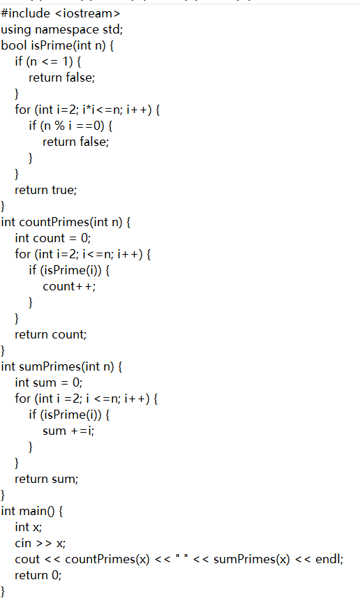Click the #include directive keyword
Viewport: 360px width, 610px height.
tap(26, 14)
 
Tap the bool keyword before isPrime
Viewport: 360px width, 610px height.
tap(14, 45)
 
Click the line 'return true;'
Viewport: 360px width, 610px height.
tap(46, 190)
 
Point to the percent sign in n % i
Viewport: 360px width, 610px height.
tap(59, 126)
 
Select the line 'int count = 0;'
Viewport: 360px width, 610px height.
tap(53, 238)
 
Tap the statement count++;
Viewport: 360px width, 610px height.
tap(69, 286)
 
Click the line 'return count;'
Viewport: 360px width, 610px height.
tap(50, 334)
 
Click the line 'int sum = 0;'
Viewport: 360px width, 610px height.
tap(49, 382)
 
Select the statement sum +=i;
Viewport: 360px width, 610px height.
tap(68, 431)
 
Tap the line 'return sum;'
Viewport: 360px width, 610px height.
tap(46, 479)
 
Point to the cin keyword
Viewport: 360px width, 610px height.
tap(23, 543)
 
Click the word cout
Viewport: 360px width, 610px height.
tap(27, 560)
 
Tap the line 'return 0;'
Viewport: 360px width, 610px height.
tap(38, 575)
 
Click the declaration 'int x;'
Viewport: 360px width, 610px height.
tap(29, 527)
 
